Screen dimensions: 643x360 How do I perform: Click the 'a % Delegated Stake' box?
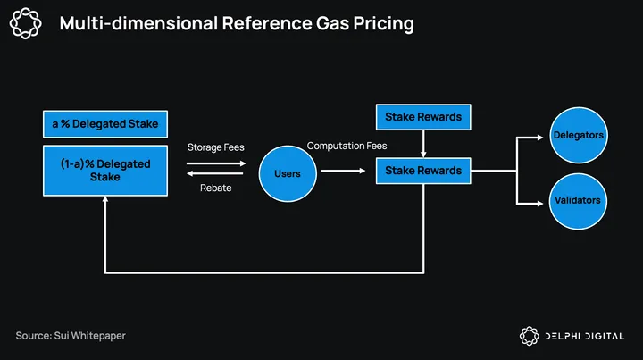105,124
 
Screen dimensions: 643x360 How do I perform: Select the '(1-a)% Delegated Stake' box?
105,171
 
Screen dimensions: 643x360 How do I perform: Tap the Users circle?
288,173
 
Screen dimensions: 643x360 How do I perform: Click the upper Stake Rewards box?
423,117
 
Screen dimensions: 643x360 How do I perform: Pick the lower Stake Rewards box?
423,171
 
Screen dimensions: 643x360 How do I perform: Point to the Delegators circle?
578,135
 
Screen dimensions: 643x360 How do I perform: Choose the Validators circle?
578,201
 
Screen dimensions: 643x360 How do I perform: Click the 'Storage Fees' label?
216,147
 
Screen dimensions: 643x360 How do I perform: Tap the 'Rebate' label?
216,188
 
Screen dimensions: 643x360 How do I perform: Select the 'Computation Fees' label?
347,146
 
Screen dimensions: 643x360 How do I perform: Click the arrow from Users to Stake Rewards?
343,171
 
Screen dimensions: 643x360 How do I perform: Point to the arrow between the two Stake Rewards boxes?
423,144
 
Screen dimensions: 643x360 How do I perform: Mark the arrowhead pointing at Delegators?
540,138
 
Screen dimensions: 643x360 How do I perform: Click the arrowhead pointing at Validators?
540,204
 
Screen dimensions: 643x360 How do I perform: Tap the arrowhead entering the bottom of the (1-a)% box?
105,199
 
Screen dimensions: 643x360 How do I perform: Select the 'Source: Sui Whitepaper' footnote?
71,336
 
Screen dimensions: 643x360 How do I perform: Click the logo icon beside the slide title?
25,23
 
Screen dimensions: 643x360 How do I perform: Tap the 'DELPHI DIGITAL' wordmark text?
584,336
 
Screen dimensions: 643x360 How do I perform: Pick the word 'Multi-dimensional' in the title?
138,23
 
